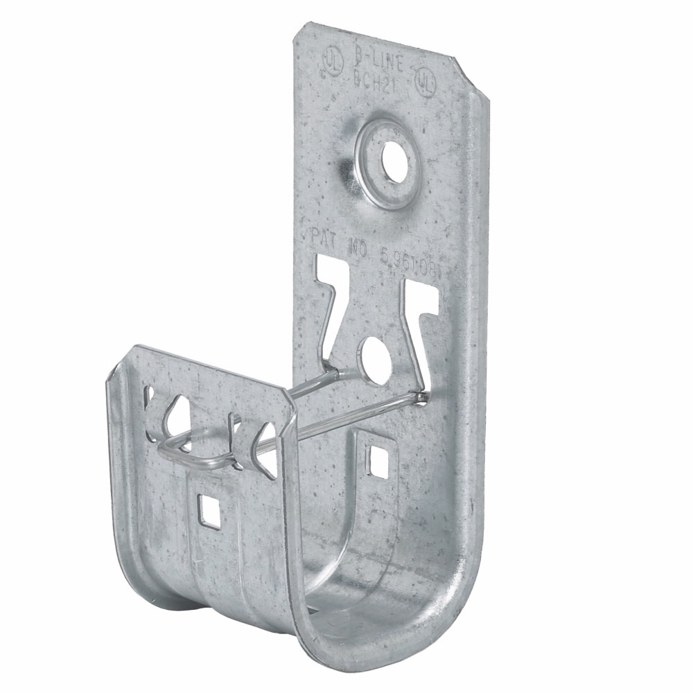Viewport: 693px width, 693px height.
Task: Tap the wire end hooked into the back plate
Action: [420, 396]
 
